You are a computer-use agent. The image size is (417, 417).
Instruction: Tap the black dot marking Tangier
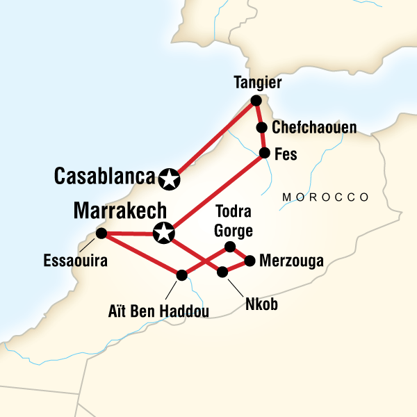pyautogui.click(x=255, y=101)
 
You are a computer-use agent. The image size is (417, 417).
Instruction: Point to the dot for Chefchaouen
pyautogui.click(x=262, y=127)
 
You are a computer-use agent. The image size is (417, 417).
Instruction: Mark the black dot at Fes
pyautogui.click(x=265, y=153)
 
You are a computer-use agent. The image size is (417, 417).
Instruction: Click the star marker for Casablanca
pyautogui.click(x=168, y=179)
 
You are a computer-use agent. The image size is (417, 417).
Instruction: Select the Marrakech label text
pyautogui.click(x=122, y=210)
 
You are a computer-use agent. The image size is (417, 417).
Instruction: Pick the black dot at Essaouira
pyautogui.click(x=101, y=233)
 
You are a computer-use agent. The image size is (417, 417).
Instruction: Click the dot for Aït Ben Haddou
pyautogui.click(x=182, y=275)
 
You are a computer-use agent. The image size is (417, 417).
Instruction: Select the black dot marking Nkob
pyautogui.click(x=223, y=272)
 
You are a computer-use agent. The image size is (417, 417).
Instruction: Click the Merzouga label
pyautogui.click(x=292, y=261)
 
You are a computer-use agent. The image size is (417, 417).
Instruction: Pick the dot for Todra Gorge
pyautogui.click(x=231, y=246)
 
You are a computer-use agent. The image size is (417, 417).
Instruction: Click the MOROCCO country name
pyautogui.click(x=325, y=198)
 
